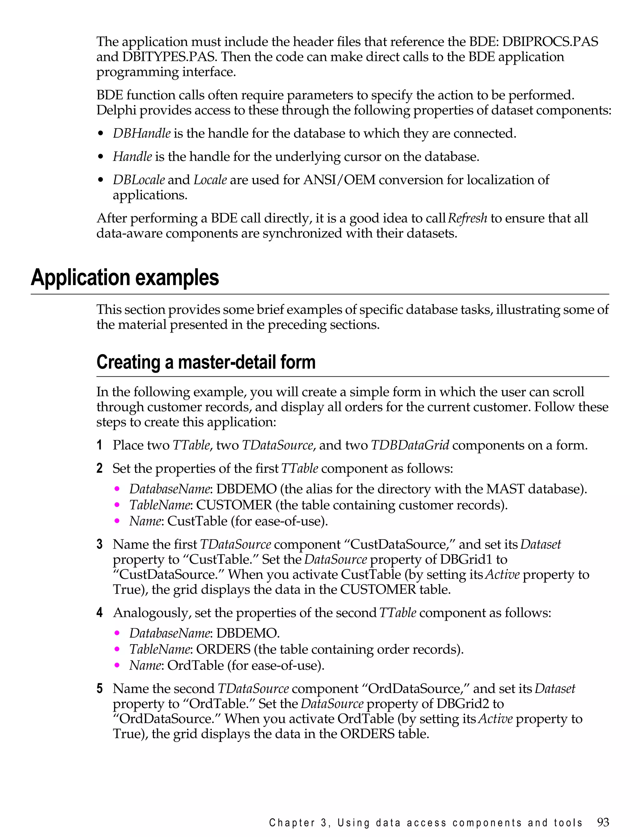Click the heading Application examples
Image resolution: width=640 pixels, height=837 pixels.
pos(125,278)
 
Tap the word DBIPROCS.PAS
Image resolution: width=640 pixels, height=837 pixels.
pos(550,41)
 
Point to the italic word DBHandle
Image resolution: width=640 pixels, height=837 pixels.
pos(141,133)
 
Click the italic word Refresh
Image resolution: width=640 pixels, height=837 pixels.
pos(467,218)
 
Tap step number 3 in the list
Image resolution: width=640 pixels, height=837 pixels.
pos(99,544)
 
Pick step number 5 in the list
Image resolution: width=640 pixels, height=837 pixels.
pos(99,689)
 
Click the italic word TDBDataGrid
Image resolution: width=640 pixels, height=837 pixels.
pos(410,445)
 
